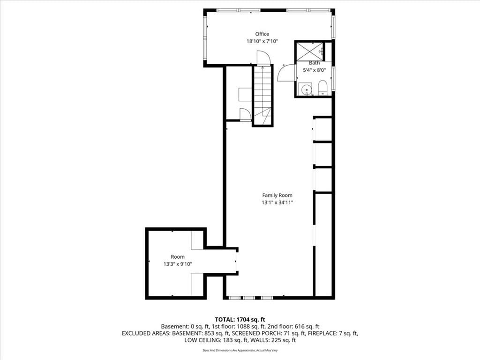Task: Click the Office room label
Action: (x=262, y=34)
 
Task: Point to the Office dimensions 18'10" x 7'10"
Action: (x=262, y=41)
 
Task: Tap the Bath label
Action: (x=314, y=63)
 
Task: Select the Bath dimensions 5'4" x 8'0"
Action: (x=314, y=70)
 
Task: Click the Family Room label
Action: (x=277, y=195)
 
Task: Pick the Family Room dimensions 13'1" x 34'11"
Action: (x=277, y=202)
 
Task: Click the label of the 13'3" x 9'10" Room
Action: (x=178, y=257)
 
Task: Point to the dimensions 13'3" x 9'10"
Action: (x=178, y=264)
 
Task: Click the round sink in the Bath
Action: (x=306, y=90)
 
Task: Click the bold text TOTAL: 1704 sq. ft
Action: (x=240, y=320)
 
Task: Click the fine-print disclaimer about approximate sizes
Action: (x=240, y=350)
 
